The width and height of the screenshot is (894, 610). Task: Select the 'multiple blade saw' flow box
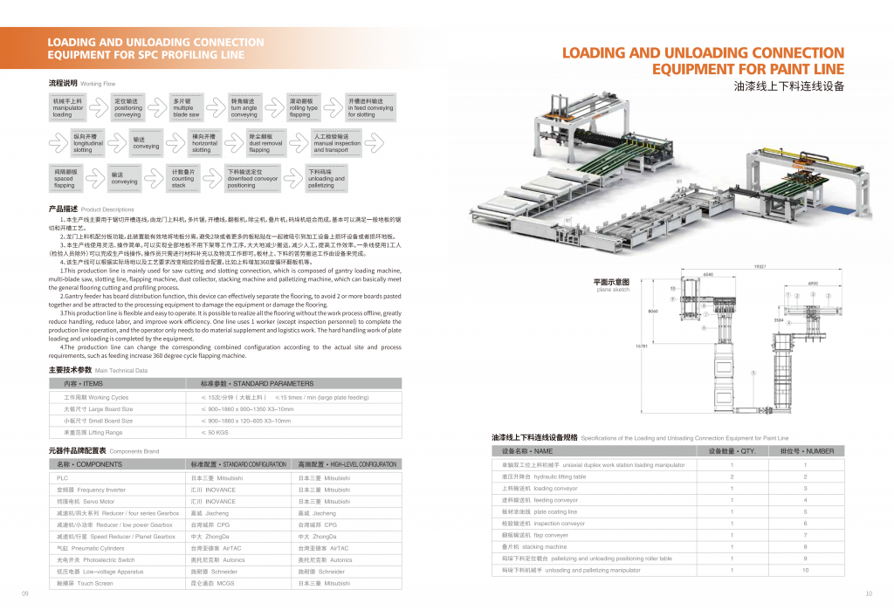188,107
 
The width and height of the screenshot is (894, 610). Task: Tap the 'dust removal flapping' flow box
266,143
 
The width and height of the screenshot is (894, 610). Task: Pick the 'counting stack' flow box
189,179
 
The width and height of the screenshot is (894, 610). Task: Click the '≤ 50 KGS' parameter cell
210,432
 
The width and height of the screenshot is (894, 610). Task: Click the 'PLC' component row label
63,478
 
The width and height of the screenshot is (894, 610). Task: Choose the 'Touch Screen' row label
83,582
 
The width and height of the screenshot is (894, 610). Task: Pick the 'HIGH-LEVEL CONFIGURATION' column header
347,464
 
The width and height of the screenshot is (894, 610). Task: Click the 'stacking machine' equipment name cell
548,546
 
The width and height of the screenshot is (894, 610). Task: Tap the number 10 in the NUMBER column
806,570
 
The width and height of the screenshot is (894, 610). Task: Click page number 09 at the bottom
25,594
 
